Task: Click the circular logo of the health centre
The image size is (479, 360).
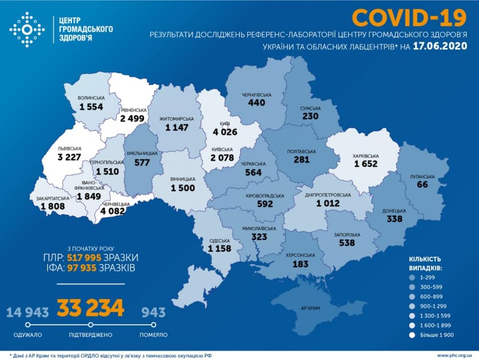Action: [x=27, y=29]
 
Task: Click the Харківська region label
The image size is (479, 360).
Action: [x=366, y=156]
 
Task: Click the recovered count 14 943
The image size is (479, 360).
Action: [x=27, y=313]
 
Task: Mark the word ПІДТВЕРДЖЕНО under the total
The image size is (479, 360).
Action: [x=91, y=334]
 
